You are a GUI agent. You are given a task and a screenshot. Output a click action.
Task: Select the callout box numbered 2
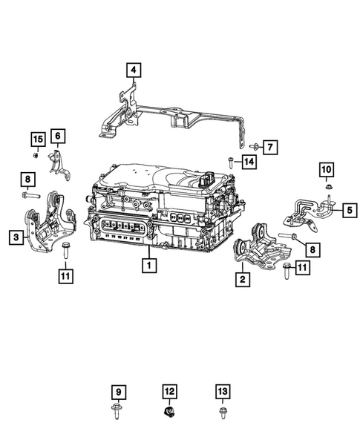coord(242,279)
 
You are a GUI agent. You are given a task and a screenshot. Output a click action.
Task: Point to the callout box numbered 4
coord(133,71)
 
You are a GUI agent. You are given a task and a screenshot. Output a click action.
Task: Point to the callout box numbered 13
coord(222,390)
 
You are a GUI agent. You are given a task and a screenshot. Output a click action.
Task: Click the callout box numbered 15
coord(36,139)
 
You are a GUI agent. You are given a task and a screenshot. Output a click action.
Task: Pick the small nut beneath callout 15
coord(36,155)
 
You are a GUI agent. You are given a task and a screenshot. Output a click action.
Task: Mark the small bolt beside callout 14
coord(232,162)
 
